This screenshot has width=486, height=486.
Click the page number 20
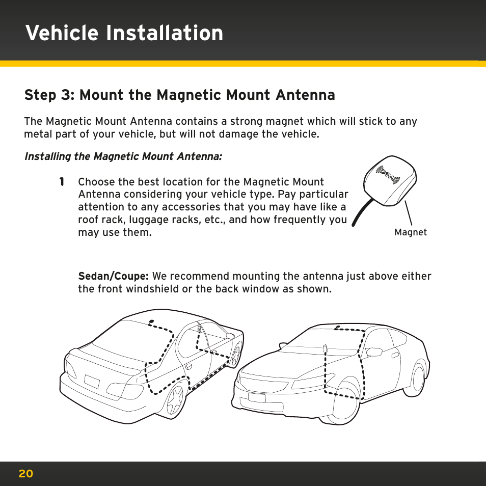[x=25, y=474]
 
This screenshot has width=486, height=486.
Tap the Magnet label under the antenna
[x=410, y=232]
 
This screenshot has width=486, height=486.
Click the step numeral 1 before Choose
[x=61, y=182]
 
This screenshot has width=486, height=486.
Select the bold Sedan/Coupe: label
[x=113, y=277]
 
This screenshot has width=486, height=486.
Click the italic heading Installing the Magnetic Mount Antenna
[x=123, y=156]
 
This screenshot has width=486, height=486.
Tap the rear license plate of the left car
[x=92, y=382]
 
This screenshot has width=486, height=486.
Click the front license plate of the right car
[x=257, y=397]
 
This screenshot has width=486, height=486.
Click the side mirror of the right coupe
[x=374, y=352]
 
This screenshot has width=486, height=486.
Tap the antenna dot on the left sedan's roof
[x=151, y=321]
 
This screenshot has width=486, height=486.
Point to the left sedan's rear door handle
[x=189, y=366]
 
